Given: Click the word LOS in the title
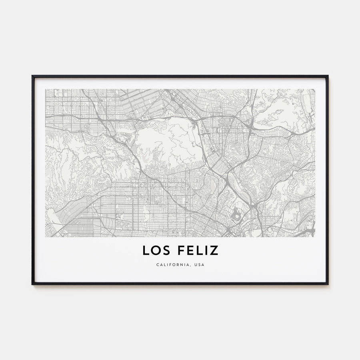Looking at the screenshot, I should [156, 250].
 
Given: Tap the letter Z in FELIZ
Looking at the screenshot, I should [214, 250].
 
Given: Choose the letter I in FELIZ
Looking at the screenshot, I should [206, 250].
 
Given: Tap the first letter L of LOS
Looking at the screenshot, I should [146, 250].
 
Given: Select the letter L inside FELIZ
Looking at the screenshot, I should [198, 250].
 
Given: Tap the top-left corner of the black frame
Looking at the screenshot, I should [32, 76].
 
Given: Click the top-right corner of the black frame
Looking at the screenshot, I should [328, 76].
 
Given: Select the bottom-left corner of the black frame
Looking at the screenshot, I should [32, 284].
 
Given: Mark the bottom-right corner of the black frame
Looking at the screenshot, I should [328, 284].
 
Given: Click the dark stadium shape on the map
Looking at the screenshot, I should [236, 216].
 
